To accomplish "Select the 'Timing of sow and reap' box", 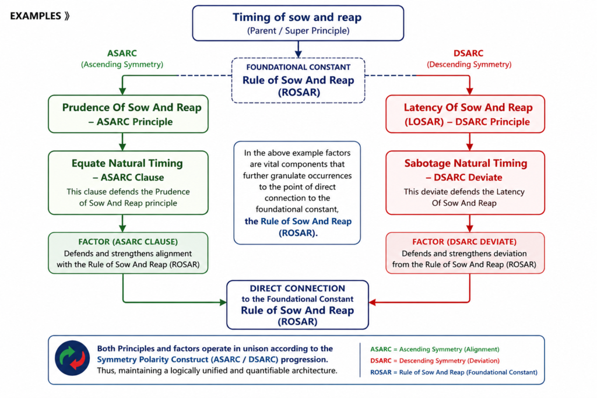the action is click(x=298, y=23).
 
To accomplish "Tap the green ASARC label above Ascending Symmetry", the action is click(x=122, y=53).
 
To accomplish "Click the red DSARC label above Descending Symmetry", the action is click(x=468, y=53).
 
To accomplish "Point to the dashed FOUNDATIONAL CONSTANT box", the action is click(x=298, y=80).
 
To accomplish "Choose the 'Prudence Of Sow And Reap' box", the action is click(x=128, y=114).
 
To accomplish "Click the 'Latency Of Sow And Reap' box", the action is click(x=465, y=114).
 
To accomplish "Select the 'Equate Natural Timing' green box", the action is click(x=128, y=182).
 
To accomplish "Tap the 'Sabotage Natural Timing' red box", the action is click(x=465, y=182).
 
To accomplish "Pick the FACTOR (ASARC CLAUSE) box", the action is click(x=128, y=253).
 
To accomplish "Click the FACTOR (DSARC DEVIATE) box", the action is click(x=465, y=253).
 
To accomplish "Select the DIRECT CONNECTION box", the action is click(x=297, y=305).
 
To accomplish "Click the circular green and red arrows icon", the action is click(x=72, y=358).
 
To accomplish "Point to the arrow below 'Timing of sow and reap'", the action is click(x=298, y=49).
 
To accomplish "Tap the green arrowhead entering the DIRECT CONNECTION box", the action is click(x=223, y=302).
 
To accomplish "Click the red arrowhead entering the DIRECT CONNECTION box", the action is click(x=373, y=302).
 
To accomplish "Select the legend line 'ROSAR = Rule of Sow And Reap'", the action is click(x=454, y=372).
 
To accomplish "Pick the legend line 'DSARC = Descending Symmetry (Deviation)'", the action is click(x=435, y=360).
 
